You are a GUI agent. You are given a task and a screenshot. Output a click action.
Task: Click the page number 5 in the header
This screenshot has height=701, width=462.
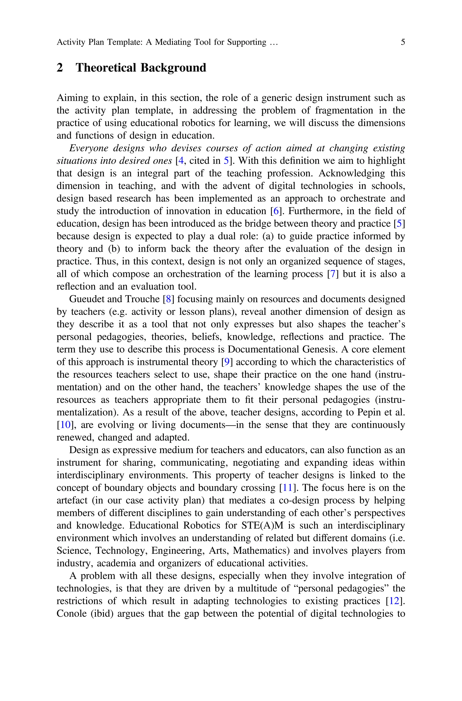coord(403,42)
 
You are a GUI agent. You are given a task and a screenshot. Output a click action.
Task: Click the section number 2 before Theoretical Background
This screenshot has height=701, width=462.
coord(60,68)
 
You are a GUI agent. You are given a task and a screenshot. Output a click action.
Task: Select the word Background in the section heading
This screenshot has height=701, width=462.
coord(173,68)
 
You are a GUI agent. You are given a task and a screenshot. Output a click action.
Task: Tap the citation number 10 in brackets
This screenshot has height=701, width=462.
coord(65,425)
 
